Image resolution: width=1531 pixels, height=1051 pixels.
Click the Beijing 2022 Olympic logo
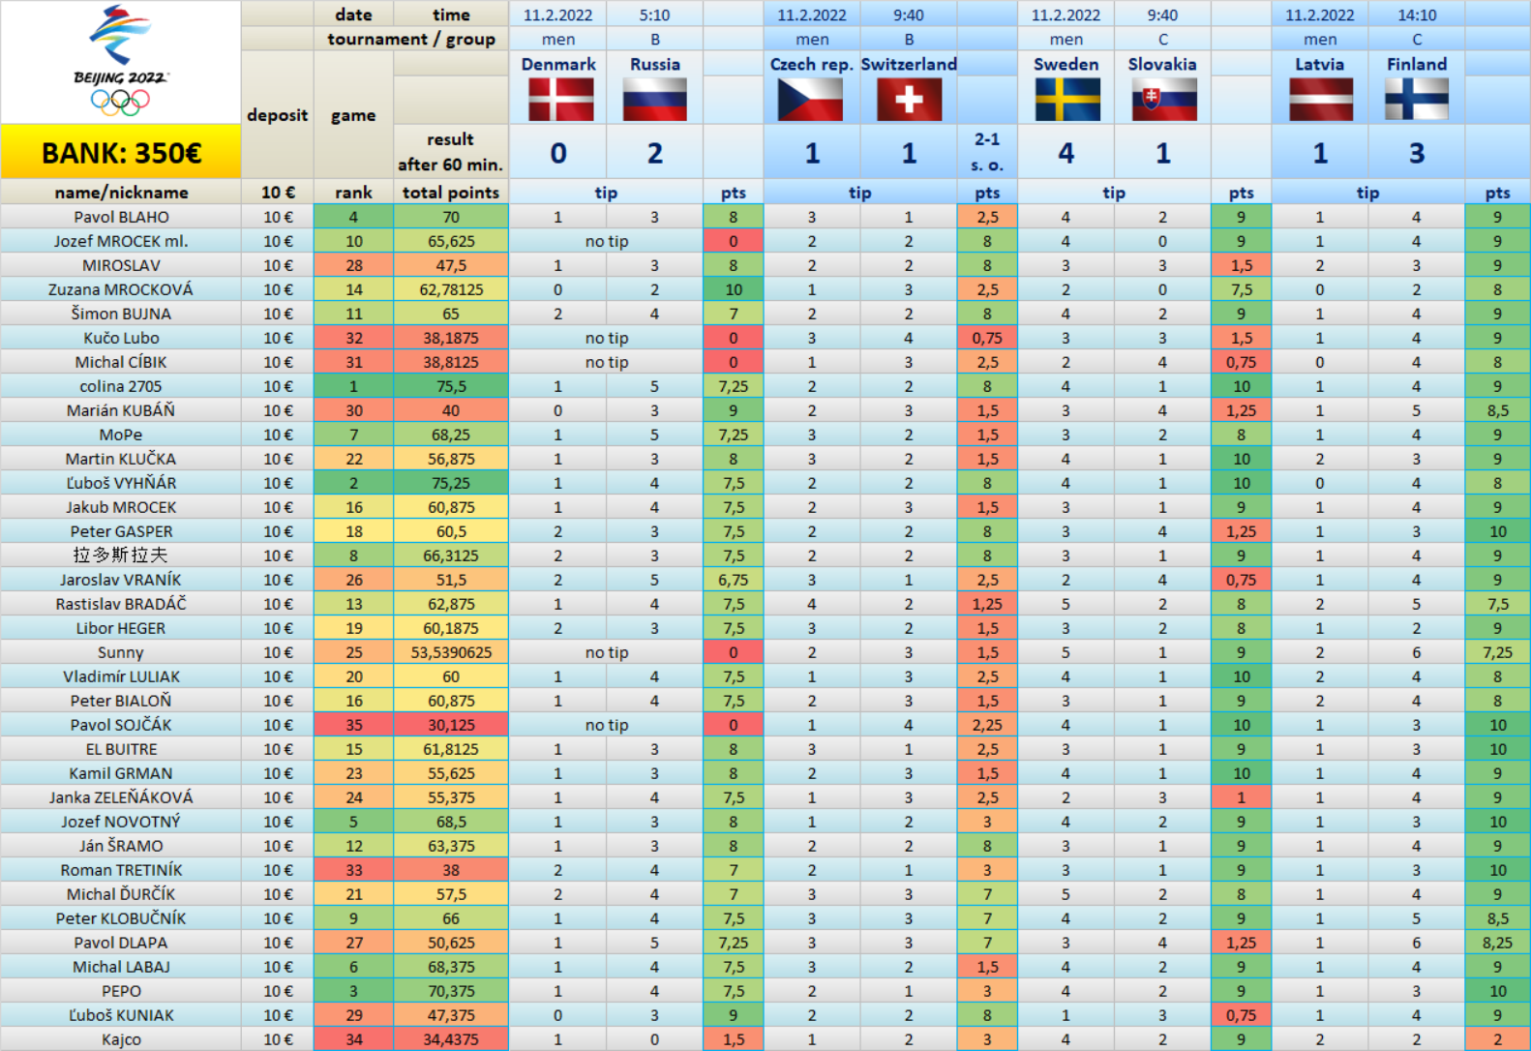(120, 60)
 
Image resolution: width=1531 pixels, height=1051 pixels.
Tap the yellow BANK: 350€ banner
(121, 153)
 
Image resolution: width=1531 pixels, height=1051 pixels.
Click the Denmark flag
(558, 99)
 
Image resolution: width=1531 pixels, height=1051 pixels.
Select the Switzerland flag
(909, 99)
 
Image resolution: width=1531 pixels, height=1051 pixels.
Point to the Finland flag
(1417, 99)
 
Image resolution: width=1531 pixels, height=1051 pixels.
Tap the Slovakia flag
(1163, 99)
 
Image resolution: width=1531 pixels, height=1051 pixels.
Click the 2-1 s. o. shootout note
(987, 152)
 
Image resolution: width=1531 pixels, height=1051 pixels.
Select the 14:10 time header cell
(1417, 15)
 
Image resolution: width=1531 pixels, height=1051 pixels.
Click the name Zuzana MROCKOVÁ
(121, 289)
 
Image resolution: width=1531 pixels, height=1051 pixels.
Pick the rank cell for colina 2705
(353, 386)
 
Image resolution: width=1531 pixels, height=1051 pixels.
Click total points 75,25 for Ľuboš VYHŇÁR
(451, 483)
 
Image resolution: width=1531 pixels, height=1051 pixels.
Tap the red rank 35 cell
(353, 725)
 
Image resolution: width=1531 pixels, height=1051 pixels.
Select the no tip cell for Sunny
(607, 652)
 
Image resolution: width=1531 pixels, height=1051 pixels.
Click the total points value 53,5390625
(451, 652)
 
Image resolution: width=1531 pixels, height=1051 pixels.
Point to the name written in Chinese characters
(121, 556)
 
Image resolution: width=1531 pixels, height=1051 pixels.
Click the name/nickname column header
(121, 193)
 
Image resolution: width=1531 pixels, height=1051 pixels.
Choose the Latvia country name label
(1320, 64)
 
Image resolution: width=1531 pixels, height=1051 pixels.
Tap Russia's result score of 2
(655, 153)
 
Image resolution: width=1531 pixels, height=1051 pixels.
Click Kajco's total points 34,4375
(451, 1039)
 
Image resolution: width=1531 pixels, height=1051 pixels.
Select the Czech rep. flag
(811, 99)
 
